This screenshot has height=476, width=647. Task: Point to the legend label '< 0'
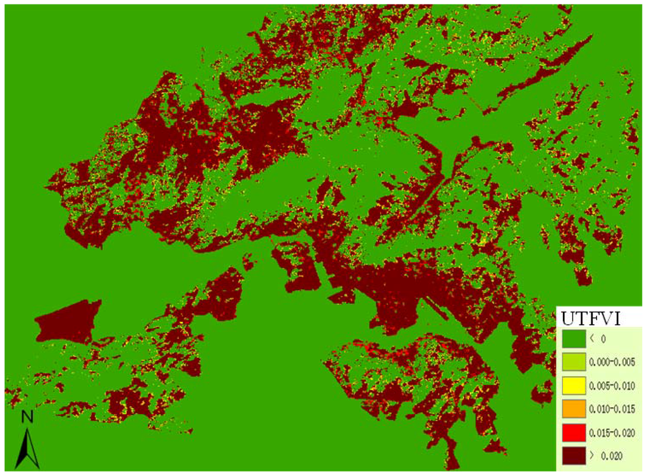598,339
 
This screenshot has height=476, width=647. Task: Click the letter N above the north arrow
27,417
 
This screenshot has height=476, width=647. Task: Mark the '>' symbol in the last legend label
593,456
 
